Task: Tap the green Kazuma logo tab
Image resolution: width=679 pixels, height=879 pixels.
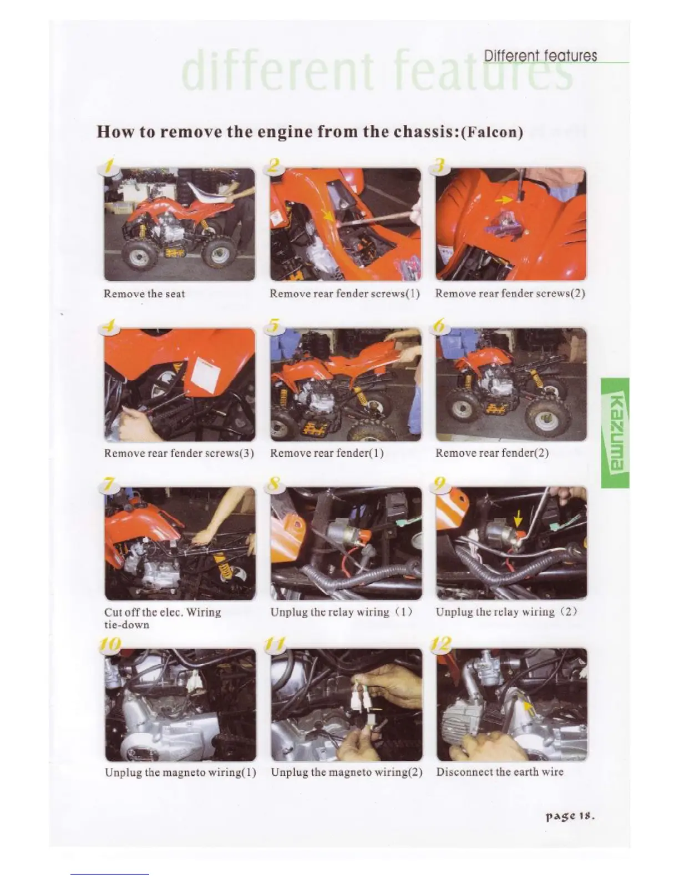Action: click(x=615, y=432)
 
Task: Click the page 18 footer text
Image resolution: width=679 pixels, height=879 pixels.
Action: click(x=570, y=816)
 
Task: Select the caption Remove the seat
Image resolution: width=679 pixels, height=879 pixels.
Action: click(x=144, y=294)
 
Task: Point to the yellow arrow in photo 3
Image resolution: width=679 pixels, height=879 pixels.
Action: click(x=504, y=199)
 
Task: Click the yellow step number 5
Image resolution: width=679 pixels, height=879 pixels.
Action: click(x=274, y=325)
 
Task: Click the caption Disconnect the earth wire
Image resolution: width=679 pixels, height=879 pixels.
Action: click(x=499, y=772)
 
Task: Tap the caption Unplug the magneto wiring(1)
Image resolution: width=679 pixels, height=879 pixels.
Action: click(x=180, y=772)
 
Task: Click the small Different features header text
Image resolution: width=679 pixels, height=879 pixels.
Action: click(x=540, y=55)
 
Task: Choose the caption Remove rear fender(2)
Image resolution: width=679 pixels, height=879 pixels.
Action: click(x=492, y=453)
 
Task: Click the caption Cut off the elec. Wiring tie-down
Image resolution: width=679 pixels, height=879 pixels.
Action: click(x=163, y=619)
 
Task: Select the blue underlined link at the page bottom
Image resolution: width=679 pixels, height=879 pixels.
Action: click(x=110, y=874)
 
